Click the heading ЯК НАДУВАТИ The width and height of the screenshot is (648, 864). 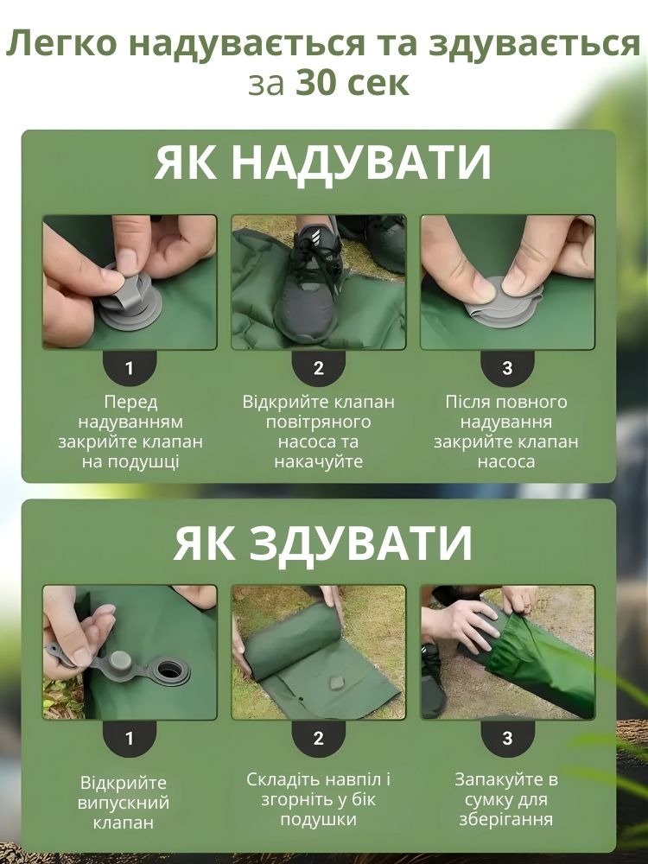(x=322, y=162)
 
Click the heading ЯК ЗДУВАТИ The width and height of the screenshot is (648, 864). (x=323, y=543)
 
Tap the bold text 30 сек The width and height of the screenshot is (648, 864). (x=353, y=83)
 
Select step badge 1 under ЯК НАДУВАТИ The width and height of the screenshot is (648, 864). (x=130, y=367)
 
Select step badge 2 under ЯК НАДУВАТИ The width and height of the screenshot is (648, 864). (x=319, y=367)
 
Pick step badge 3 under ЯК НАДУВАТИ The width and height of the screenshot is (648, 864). (x=507, y=367)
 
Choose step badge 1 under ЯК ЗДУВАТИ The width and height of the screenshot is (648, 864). (x=130, y=738)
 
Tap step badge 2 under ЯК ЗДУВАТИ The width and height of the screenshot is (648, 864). (x=319, y=738)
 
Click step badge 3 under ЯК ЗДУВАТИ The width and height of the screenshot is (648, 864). (x=507, y=738)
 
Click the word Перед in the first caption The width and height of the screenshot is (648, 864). (x=130, y=403)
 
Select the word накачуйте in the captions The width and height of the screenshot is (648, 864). (x=319, y=461)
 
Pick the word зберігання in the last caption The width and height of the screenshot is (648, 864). (x=505, y=819)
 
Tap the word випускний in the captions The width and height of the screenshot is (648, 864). (x=124, y=803)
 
